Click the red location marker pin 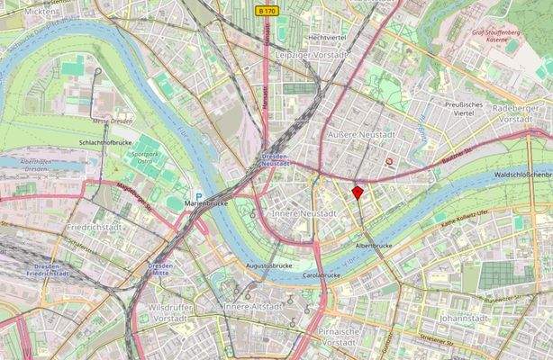[358, 193]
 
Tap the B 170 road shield [266, 11]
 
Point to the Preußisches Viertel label [465, 109]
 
